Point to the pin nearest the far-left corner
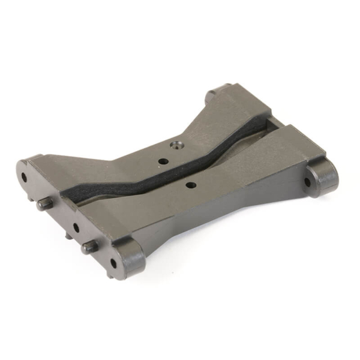pyautogui.click(x=44, y=204)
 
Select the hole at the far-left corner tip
pyautogui.click(x=24, y=178)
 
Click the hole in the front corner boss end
pyautogui.click(x=113, y=263)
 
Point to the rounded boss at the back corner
pyautogui.click(x=217, y=95)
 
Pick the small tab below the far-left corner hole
pyautogui.click(x=30, y=196)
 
